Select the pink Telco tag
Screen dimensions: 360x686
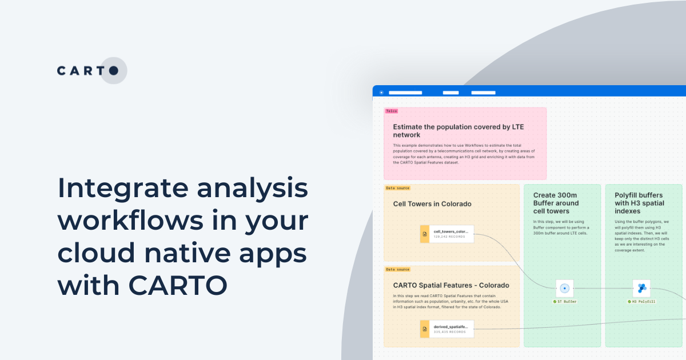point(392,111)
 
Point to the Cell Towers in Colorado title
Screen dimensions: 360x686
point(432,204)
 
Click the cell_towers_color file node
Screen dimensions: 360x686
point(447,234)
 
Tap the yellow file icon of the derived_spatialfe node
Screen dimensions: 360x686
point(425,329)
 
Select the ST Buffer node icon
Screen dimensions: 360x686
point(564,288)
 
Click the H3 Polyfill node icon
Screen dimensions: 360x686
point(641,288)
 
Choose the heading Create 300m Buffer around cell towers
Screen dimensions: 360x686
point(556,203)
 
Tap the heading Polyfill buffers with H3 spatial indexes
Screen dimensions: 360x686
point(639,203)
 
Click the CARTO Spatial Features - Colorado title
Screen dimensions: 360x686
point(451,285)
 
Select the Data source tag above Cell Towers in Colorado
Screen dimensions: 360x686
point(397,188)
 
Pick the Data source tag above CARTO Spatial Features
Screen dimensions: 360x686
point(397,269)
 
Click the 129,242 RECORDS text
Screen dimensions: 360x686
point(449,237)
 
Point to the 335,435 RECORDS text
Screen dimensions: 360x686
point(449,331)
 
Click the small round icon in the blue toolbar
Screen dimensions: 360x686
point(381,92)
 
